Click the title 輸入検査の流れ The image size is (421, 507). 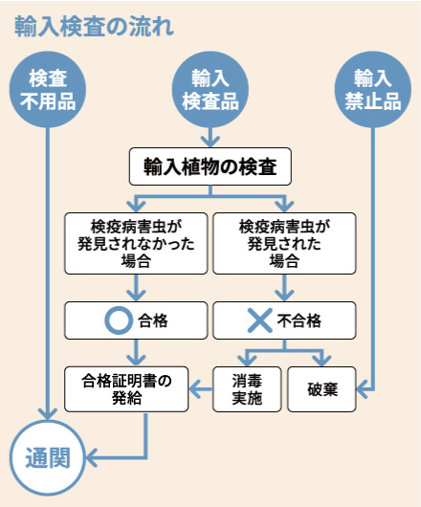point(94,26)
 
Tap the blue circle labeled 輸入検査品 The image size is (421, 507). point(210,90)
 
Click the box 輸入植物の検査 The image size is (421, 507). point(210,166)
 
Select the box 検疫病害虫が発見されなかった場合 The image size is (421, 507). point(135,242)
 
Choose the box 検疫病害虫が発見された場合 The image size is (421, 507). point(283,242)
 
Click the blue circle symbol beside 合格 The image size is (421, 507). point(117,320)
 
